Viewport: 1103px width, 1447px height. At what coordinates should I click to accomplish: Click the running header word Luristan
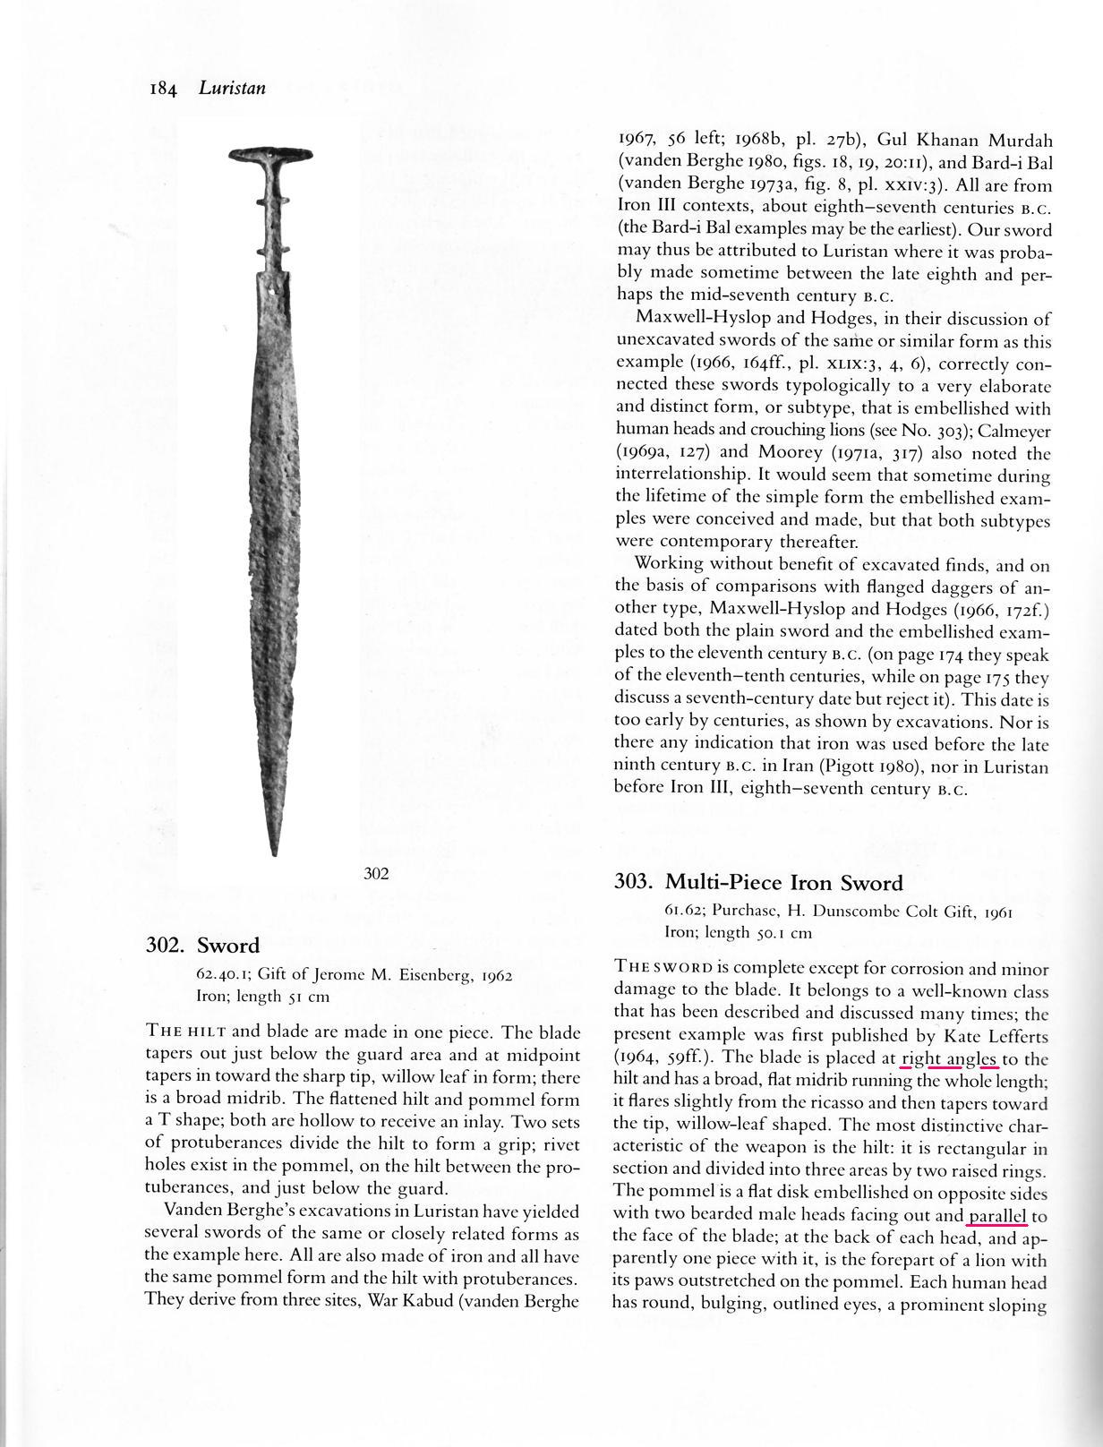click(x=232, y=88)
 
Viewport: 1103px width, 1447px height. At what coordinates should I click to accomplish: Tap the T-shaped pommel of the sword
click(x=269, y=155)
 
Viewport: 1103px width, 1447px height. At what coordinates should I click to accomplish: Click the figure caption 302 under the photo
click(x=377, y=874)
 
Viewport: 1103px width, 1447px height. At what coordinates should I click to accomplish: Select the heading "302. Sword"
click(x=202, y=946)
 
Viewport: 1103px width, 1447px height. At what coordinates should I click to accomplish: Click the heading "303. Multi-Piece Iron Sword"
click(x=758, y=883)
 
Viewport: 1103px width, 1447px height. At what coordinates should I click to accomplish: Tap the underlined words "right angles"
click(x=949, y=1059)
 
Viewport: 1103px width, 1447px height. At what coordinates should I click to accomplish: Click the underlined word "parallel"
click(x=996, y=1216)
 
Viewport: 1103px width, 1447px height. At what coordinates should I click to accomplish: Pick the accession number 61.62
click(x=682, y=911)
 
